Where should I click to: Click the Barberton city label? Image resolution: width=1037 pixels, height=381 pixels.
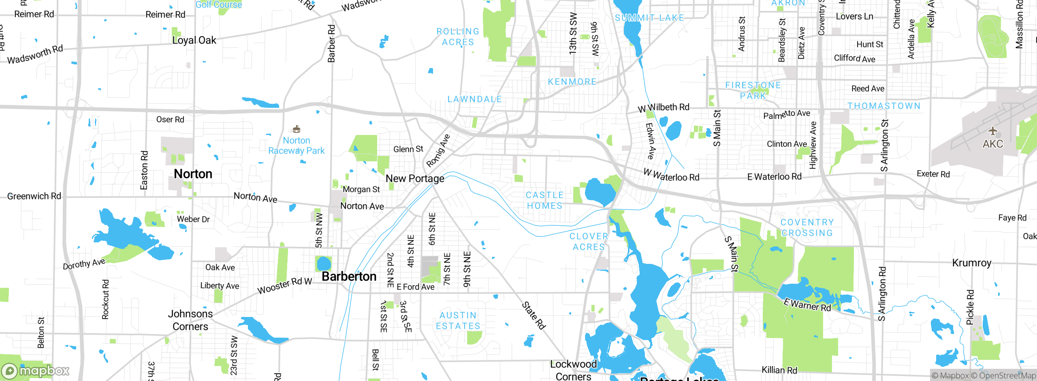pyautogui.click(x=349, y=276)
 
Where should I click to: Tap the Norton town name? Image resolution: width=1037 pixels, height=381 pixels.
pyautogui.click(x=193, y=174)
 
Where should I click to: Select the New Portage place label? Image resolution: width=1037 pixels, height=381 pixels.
pyautogui.click(x=415, y=178)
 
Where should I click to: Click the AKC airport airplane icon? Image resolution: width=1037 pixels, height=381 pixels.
pyautogui.click(x=992, y=131)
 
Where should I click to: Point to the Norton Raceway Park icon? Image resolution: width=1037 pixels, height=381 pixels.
pyautogui.click(x=297, y=129)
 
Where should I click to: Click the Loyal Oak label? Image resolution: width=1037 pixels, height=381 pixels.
pyautogui.click(x=194, y=40)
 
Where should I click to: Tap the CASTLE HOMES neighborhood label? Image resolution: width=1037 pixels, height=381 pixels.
pyautogui.click(x=544, y=200)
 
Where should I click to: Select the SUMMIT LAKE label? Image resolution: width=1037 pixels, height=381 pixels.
pyautogui.click(x=649, y=18)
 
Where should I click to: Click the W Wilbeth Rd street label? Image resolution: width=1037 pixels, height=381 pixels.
pyautogui.click(x=664, y=108)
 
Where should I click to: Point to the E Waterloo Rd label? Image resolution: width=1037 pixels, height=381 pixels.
pyautogui.click(x=774, y=177)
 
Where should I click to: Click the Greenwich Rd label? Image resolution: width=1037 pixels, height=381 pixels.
pyautogui.click(x=34, y=196)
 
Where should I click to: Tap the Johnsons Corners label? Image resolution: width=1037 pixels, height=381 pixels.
pyautogui.click(x=190, y=320)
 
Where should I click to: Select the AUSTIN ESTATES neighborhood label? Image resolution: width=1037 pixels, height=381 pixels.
pyautogui.click(x=458, y=321)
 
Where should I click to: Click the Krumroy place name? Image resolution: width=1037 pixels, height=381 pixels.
pyautogui.click(x=971, y=263)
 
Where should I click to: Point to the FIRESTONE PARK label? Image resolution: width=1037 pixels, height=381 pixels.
pyautogui.click(x=753, y=90)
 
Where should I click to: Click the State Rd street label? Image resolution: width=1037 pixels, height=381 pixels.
pyautogui.click(x=533, y=315)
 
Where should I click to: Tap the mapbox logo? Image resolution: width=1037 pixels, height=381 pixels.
pyautogui.click(x=36, y=370)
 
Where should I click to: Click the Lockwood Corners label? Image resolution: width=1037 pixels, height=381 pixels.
pyautogui.click(x=573, y=370)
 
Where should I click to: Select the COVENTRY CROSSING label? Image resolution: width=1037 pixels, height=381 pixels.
pyautogui.click(x=807, y=227)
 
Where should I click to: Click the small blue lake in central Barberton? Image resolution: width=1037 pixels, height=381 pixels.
pyautogui.click(x=324, y=263)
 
